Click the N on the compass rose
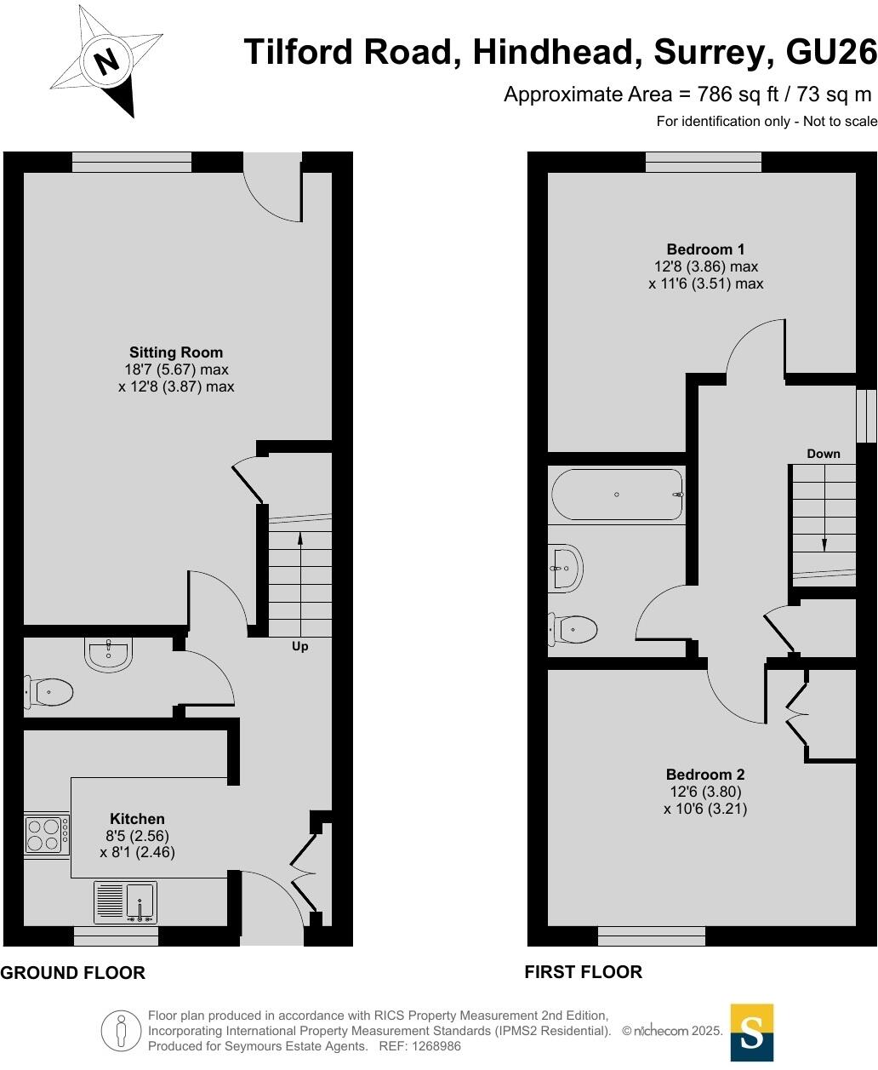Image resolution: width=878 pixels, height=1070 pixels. click(106, 61)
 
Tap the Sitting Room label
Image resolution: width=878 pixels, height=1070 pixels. click(176, 352)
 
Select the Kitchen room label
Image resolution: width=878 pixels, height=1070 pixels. click(137, 819)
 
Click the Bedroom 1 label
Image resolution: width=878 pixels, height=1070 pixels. click(705, 249)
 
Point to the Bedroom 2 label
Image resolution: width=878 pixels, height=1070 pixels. click(705, 775)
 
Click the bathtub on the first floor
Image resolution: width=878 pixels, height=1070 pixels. click(617, 495)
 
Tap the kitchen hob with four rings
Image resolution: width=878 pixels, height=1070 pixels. click(47, 834)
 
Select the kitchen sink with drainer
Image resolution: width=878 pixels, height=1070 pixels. click(125, 902)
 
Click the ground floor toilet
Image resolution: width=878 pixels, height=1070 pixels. click(48, 693)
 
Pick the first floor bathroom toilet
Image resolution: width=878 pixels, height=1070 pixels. click(573, 630)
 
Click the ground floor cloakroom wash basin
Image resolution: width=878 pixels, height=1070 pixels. click(108, 655)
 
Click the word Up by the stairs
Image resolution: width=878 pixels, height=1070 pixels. click(299, 647)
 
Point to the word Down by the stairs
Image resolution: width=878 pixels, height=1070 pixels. click(823, 454)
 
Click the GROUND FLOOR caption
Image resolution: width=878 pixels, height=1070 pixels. click(73, 973)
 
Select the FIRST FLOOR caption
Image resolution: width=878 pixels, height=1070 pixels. click(583, 972)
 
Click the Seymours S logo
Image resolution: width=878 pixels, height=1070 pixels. click(752, 1033)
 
